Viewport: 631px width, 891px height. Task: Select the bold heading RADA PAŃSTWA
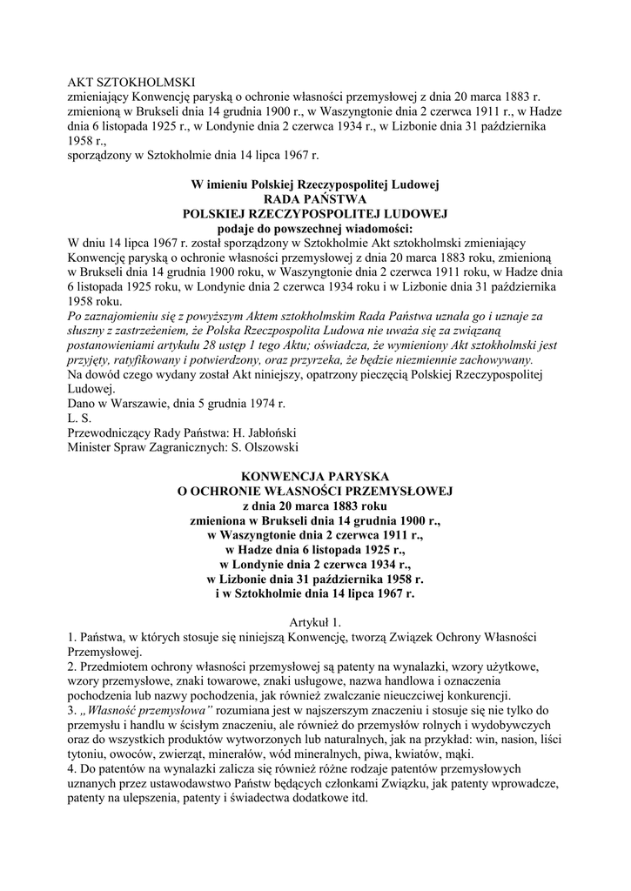click(315, 198)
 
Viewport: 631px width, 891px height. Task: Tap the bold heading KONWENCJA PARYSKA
click(315, 476)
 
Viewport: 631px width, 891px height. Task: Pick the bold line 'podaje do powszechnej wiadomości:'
click(315, 227)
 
